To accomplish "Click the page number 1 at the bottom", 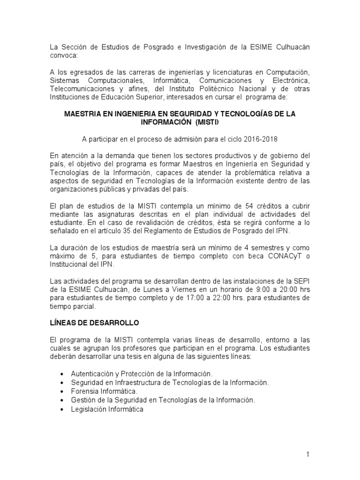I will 307,454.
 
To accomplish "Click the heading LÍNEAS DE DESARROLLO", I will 94,323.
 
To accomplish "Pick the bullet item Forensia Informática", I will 104,391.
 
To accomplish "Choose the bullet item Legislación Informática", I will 107,409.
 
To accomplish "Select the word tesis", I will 141,357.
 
